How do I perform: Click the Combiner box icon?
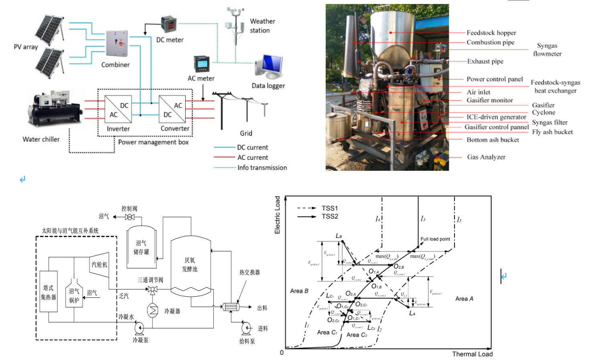click(x=117, y=43)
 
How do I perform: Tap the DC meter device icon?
click(x=169, y=25)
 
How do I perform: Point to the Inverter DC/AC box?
click(x=118, y=109)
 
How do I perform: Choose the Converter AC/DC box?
click(x=172, y=109)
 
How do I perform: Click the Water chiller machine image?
click(x=54, y=109)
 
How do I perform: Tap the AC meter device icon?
click(x=202, y=64)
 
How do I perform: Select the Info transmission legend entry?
click(x=262, y=168)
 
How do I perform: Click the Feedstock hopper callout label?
click(x=491, y=33)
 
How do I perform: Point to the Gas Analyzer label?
click(x=486, y=157)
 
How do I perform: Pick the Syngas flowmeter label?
click(x=547, y=50)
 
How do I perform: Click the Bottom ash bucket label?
click(x=493, y=140)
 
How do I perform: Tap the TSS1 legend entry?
click(x=330, y=208)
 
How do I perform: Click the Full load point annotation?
click(x=435, y=239)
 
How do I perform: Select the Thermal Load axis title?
click(x=472, y=354)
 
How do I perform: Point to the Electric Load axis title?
click(x=277, y=215)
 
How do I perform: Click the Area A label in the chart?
click(x=464, y=299)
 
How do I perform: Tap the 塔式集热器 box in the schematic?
click(x=49, y=292)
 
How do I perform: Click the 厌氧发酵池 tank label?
click(x=190, y=265)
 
